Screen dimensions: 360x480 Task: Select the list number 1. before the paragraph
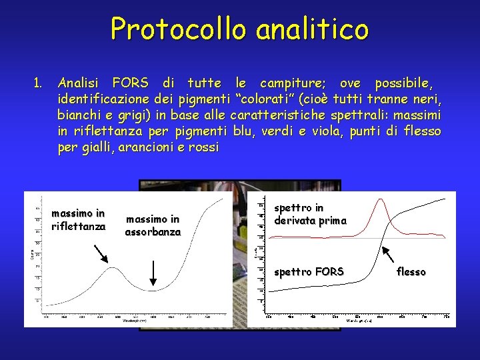(38, 83)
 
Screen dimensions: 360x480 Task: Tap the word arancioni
(149, 147)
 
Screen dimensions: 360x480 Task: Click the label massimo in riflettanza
(78, 220)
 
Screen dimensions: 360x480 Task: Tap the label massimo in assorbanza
(153, 225)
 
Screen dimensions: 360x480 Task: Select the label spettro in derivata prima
(310, 215)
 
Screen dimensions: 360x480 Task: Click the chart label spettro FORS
(309, 271)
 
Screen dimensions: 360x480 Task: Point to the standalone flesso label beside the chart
(411, 271)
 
